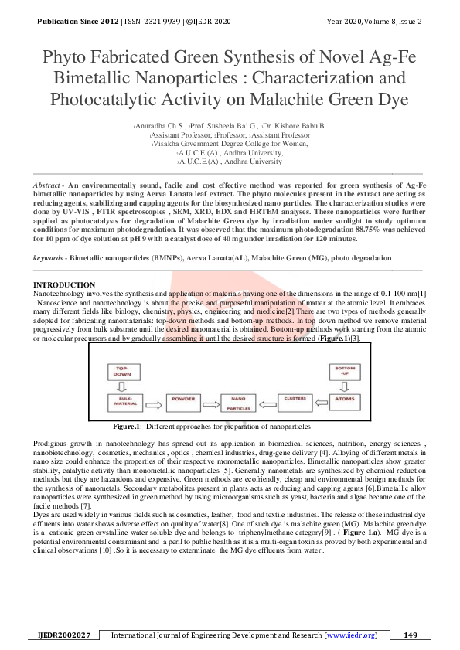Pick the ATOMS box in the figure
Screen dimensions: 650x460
coord(346,402)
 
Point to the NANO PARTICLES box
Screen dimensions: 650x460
coord(238,402)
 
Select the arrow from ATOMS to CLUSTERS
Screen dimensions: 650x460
coord(321,402)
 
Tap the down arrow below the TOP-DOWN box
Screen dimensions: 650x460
coord(128,386)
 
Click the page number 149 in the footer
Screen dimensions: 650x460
coord(411,635)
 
